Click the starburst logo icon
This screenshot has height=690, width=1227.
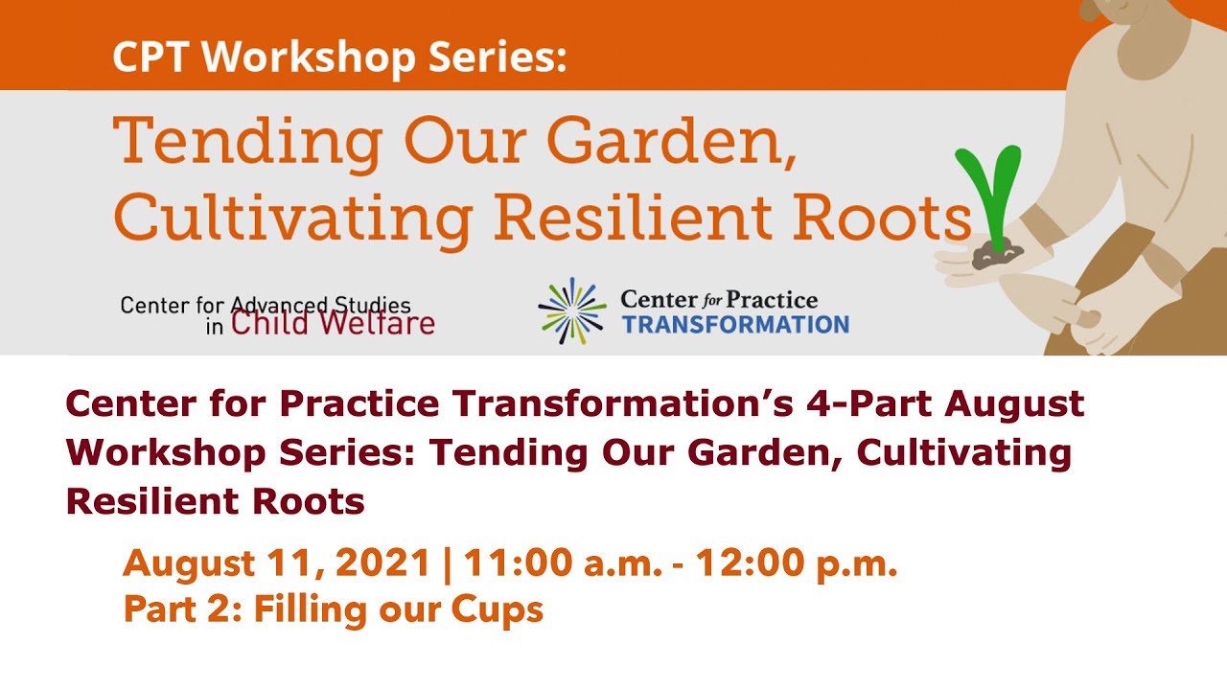(572, 310)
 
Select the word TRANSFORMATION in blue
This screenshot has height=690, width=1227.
(734, 325)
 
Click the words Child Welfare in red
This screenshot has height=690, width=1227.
(333, 323)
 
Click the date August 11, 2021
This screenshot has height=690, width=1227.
(276, 564)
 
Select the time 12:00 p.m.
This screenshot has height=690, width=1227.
(797, 564)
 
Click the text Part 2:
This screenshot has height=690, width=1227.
(183, 609)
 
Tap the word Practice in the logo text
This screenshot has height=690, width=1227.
(771, 300)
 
